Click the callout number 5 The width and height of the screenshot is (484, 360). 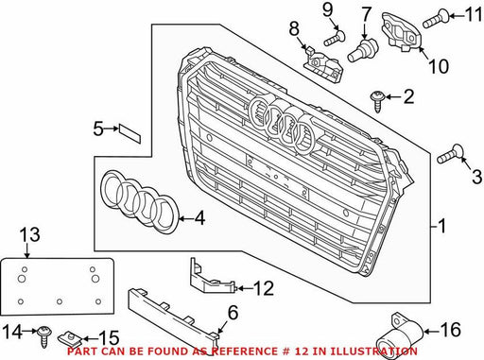tap(98, 129)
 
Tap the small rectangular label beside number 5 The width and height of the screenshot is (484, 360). tap(130, 134)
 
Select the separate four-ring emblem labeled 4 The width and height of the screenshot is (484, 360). tap(140, 201)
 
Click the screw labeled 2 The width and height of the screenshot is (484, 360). tap(377, 101)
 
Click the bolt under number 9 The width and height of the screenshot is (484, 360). tap(335, 38)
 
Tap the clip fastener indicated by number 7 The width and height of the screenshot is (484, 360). tap(362, 49)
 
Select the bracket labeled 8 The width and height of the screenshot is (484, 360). tap(323, 64)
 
